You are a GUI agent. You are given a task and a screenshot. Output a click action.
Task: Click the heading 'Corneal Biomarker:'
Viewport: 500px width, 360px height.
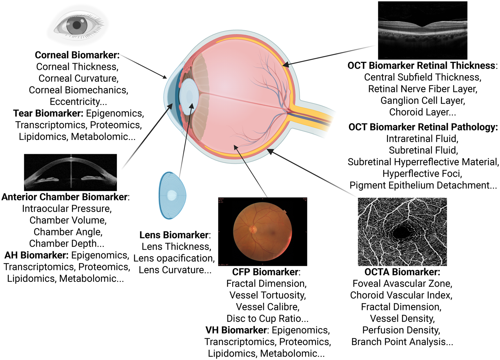(x=77, y=55)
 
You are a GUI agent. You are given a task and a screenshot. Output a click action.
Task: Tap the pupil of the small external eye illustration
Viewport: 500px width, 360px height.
(x=77, y=25)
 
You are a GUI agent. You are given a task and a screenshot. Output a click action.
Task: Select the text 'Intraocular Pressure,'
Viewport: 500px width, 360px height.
(x=67, y=209)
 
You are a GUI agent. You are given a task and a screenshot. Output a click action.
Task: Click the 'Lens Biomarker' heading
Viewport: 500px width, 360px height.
(x=174, y=235)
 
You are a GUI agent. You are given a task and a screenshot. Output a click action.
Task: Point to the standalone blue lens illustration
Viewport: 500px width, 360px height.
(x=172, y=195)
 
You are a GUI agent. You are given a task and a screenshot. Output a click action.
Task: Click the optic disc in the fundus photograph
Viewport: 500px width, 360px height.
(x=253, y=229)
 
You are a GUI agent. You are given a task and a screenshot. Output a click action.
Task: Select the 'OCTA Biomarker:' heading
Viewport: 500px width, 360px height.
(x=402, y=272)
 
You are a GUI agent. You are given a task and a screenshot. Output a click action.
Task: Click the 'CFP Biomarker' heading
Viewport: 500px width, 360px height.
(x=265, y=272)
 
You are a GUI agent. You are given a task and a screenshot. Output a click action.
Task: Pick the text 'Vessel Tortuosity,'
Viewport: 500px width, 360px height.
(x=267, y=295)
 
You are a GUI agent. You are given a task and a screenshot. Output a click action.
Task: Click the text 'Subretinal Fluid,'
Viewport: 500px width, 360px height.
(x=423, y=150)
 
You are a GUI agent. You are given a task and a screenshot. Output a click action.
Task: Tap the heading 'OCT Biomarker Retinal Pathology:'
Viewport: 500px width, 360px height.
(x=423, y=127)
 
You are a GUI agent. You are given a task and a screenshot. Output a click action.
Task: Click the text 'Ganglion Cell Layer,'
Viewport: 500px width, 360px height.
(x=423, y=100)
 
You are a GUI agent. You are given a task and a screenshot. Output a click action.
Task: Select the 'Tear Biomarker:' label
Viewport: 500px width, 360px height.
(x=48, y=113)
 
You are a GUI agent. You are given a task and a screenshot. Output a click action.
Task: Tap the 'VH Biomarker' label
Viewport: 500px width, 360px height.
(x=236, y=330)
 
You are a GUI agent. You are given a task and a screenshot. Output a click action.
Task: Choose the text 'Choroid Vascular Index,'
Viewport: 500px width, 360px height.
(x=401, y=295)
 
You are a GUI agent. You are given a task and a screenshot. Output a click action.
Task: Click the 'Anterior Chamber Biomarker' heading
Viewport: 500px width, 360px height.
(x=64, y=197)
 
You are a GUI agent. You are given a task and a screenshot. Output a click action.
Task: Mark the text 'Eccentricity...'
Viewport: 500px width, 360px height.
(x=78, y=102)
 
